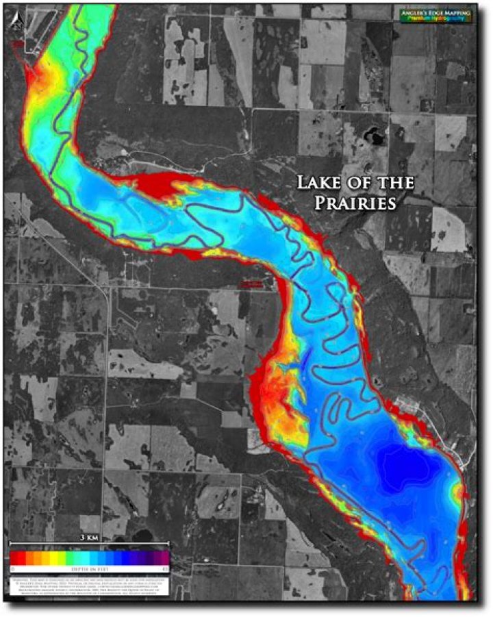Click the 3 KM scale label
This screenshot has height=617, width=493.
tap(90, 537)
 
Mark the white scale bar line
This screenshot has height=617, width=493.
tap(90, 544)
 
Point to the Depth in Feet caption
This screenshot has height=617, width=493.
tap(90, 568)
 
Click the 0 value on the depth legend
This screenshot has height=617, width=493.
tap(13, 568)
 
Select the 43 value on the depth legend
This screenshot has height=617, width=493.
tap(165, 568)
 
